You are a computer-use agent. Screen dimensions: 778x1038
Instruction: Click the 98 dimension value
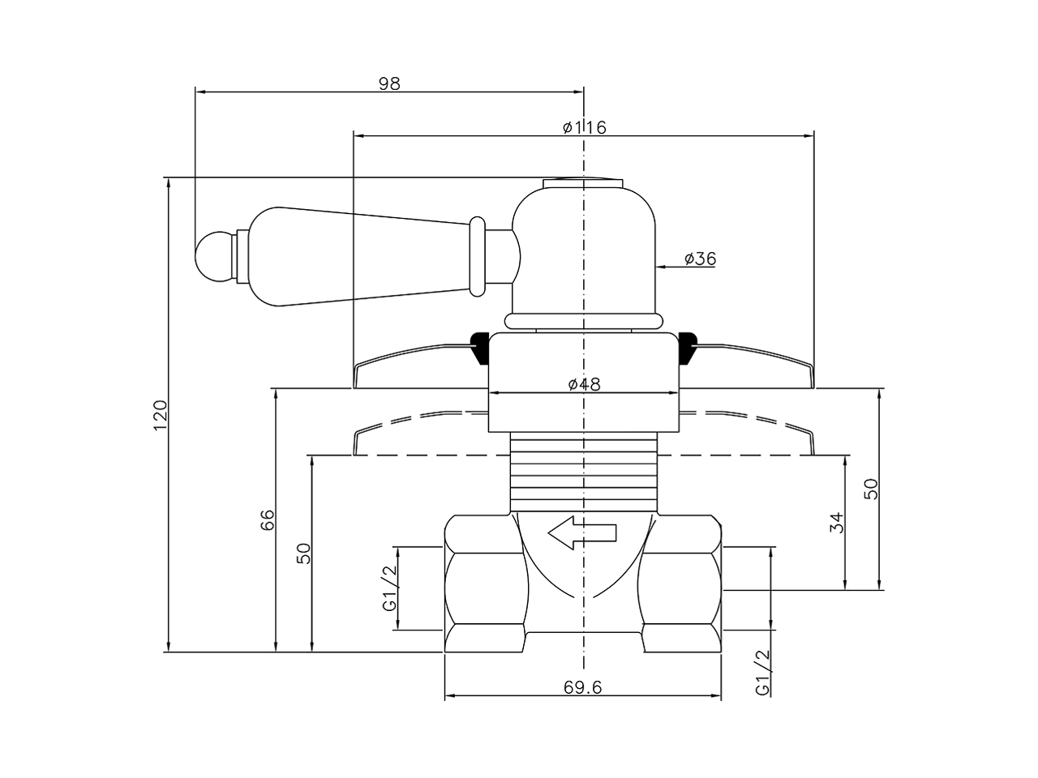point(389,83)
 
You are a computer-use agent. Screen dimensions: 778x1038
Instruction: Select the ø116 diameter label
point(584,127)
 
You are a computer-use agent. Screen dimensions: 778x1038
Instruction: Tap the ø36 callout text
point(700,259)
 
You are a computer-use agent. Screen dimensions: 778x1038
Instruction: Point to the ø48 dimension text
point(584,384)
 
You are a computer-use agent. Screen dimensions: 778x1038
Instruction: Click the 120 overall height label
point(160,414)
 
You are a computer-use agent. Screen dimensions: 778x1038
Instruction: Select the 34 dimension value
point(838,523)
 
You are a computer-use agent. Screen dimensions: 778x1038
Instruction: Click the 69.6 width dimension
point(582,687)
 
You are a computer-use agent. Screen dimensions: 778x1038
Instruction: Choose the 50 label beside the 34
point(872,489)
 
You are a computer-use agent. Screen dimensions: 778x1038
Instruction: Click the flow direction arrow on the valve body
point(582,532)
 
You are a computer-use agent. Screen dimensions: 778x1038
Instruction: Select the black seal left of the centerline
point(479,346)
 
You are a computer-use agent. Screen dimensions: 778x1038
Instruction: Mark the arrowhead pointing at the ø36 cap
point(660,265)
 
